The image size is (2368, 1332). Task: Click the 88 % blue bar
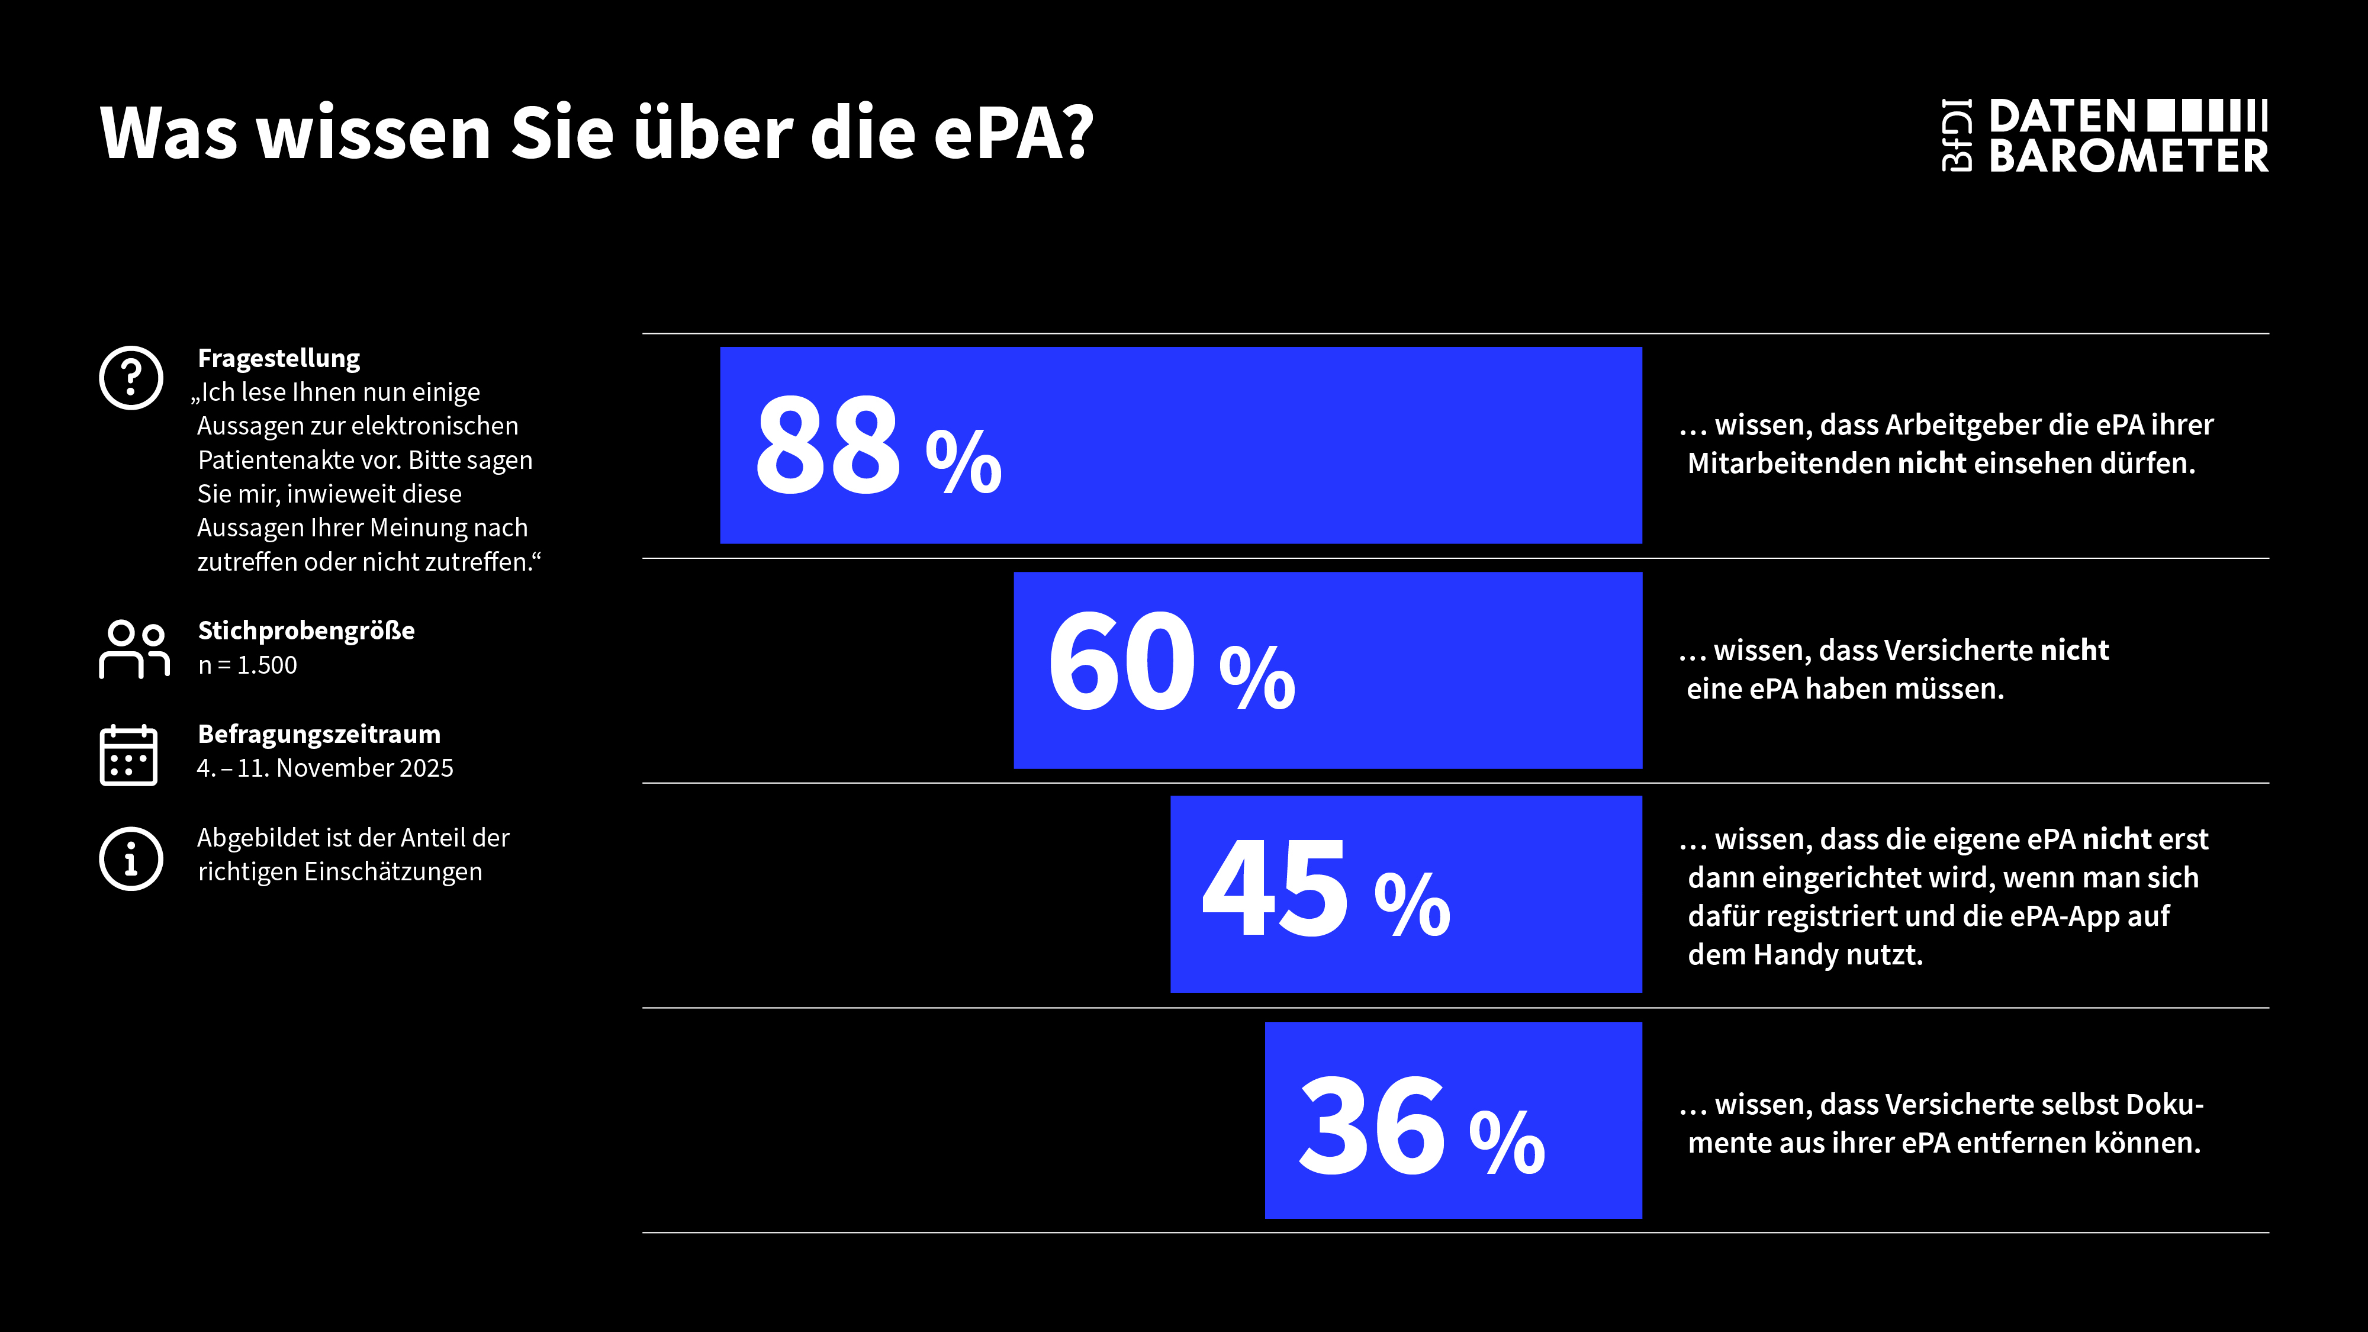(1180, 445)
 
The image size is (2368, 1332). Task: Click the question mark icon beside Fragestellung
(131, 378)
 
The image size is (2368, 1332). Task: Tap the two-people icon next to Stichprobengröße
(134, 649)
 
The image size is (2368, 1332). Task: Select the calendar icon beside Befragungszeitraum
(128, 755)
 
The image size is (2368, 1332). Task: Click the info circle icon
(131, 858)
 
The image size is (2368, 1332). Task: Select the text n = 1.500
(247, 665)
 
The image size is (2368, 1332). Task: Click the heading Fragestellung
(278, 358)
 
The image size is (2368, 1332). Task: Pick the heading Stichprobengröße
(306, 630)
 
